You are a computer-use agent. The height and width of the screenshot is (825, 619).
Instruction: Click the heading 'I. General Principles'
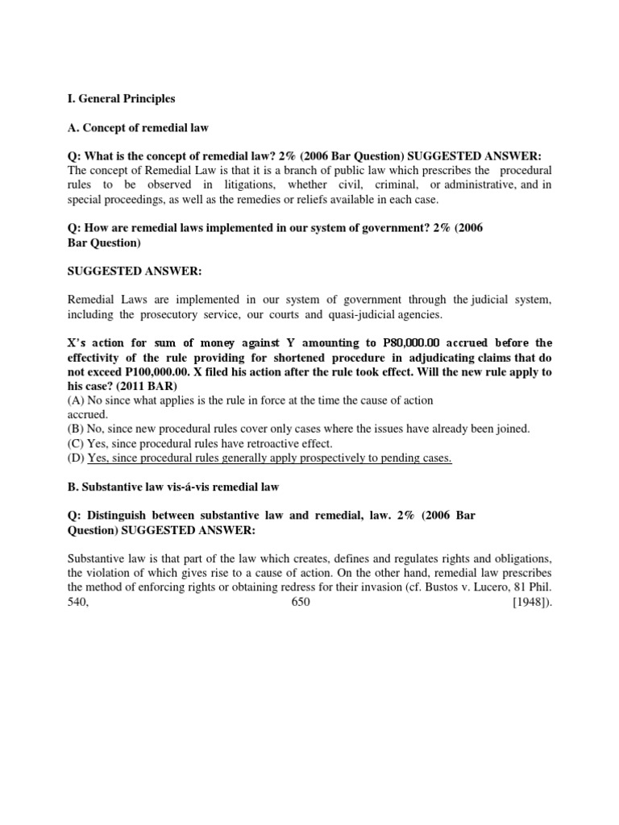point(120,99)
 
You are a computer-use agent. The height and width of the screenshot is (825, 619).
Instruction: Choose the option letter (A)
point(76,400)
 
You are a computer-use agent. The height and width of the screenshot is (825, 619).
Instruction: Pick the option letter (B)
point(76,429)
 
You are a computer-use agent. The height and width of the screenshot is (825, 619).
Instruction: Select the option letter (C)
point(76,444)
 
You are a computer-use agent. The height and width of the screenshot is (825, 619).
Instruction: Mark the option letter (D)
point(76,458)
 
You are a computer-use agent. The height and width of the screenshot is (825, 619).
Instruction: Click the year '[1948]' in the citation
point(531,602)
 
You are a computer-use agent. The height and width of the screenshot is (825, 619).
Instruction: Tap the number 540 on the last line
point(77,602)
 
